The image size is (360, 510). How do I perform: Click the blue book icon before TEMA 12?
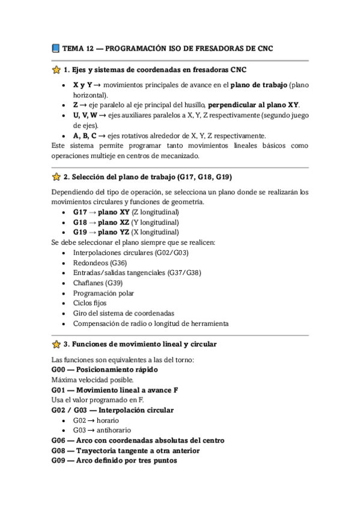(56, 48)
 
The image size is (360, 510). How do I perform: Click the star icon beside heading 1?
(56, 70)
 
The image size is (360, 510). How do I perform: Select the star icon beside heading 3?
(56, 344)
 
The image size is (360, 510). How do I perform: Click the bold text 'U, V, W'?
(85, 115)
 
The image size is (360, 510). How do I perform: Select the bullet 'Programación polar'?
(103, 293)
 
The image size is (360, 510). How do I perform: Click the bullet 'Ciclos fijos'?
(90, 303)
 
